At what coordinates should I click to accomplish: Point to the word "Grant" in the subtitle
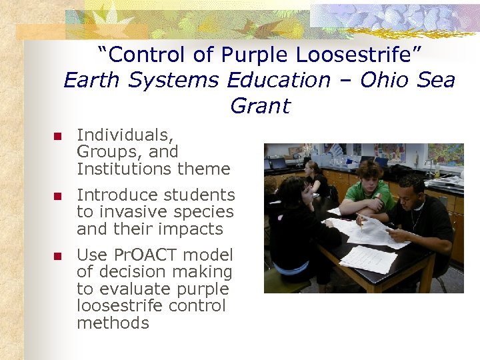pos(260,106)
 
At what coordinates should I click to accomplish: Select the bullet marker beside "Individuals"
pos(57,137)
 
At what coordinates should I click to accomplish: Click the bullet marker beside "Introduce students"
pos(57,197)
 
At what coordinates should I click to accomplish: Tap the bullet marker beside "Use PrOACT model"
pos(57,256)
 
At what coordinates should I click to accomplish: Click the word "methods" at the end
pos(113,323)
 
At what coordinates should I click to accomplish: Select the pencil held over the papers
pos(361,221)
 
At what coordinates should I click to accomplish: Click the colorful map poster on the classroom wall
pos(446,155)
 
